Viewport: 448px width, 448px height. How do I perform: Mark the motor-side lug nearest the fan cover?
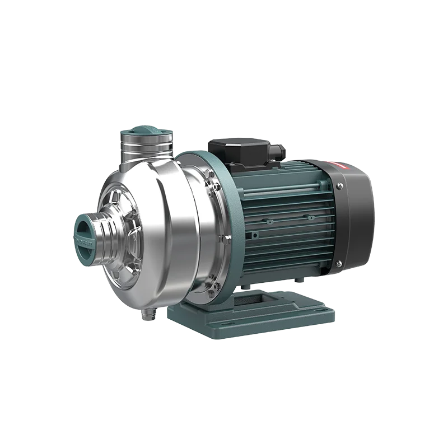(x=309, y=216)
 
